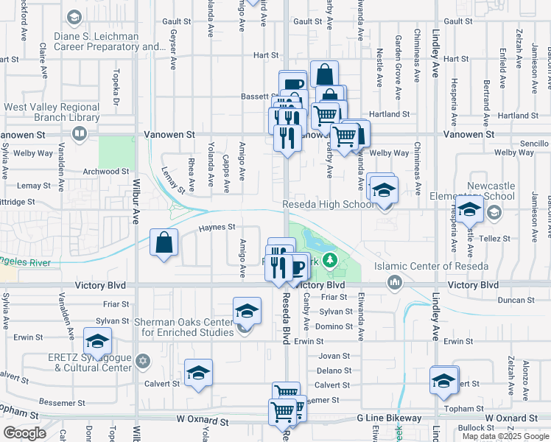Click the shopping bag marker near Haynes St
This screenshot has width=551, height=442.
[164, 243]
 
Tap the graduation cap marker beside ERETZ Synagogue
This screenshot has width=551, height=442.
[96, 341]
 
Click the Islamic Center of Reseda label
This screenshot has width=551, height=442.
[421, 266]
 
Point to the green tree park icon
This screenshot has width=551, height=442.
[331, 259]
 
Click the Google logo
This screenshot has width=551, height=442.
[25, 433]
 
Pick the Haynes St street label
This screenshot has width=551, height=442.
[217, 227]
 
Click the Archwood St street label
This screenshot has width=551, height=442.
[106, 171]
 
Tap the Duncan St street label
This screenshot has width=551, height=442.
[515, 300]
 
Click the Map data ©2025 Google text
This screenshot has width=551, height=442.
[505, 436]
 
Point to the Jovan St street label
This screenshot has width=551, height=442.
[333, 355]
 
